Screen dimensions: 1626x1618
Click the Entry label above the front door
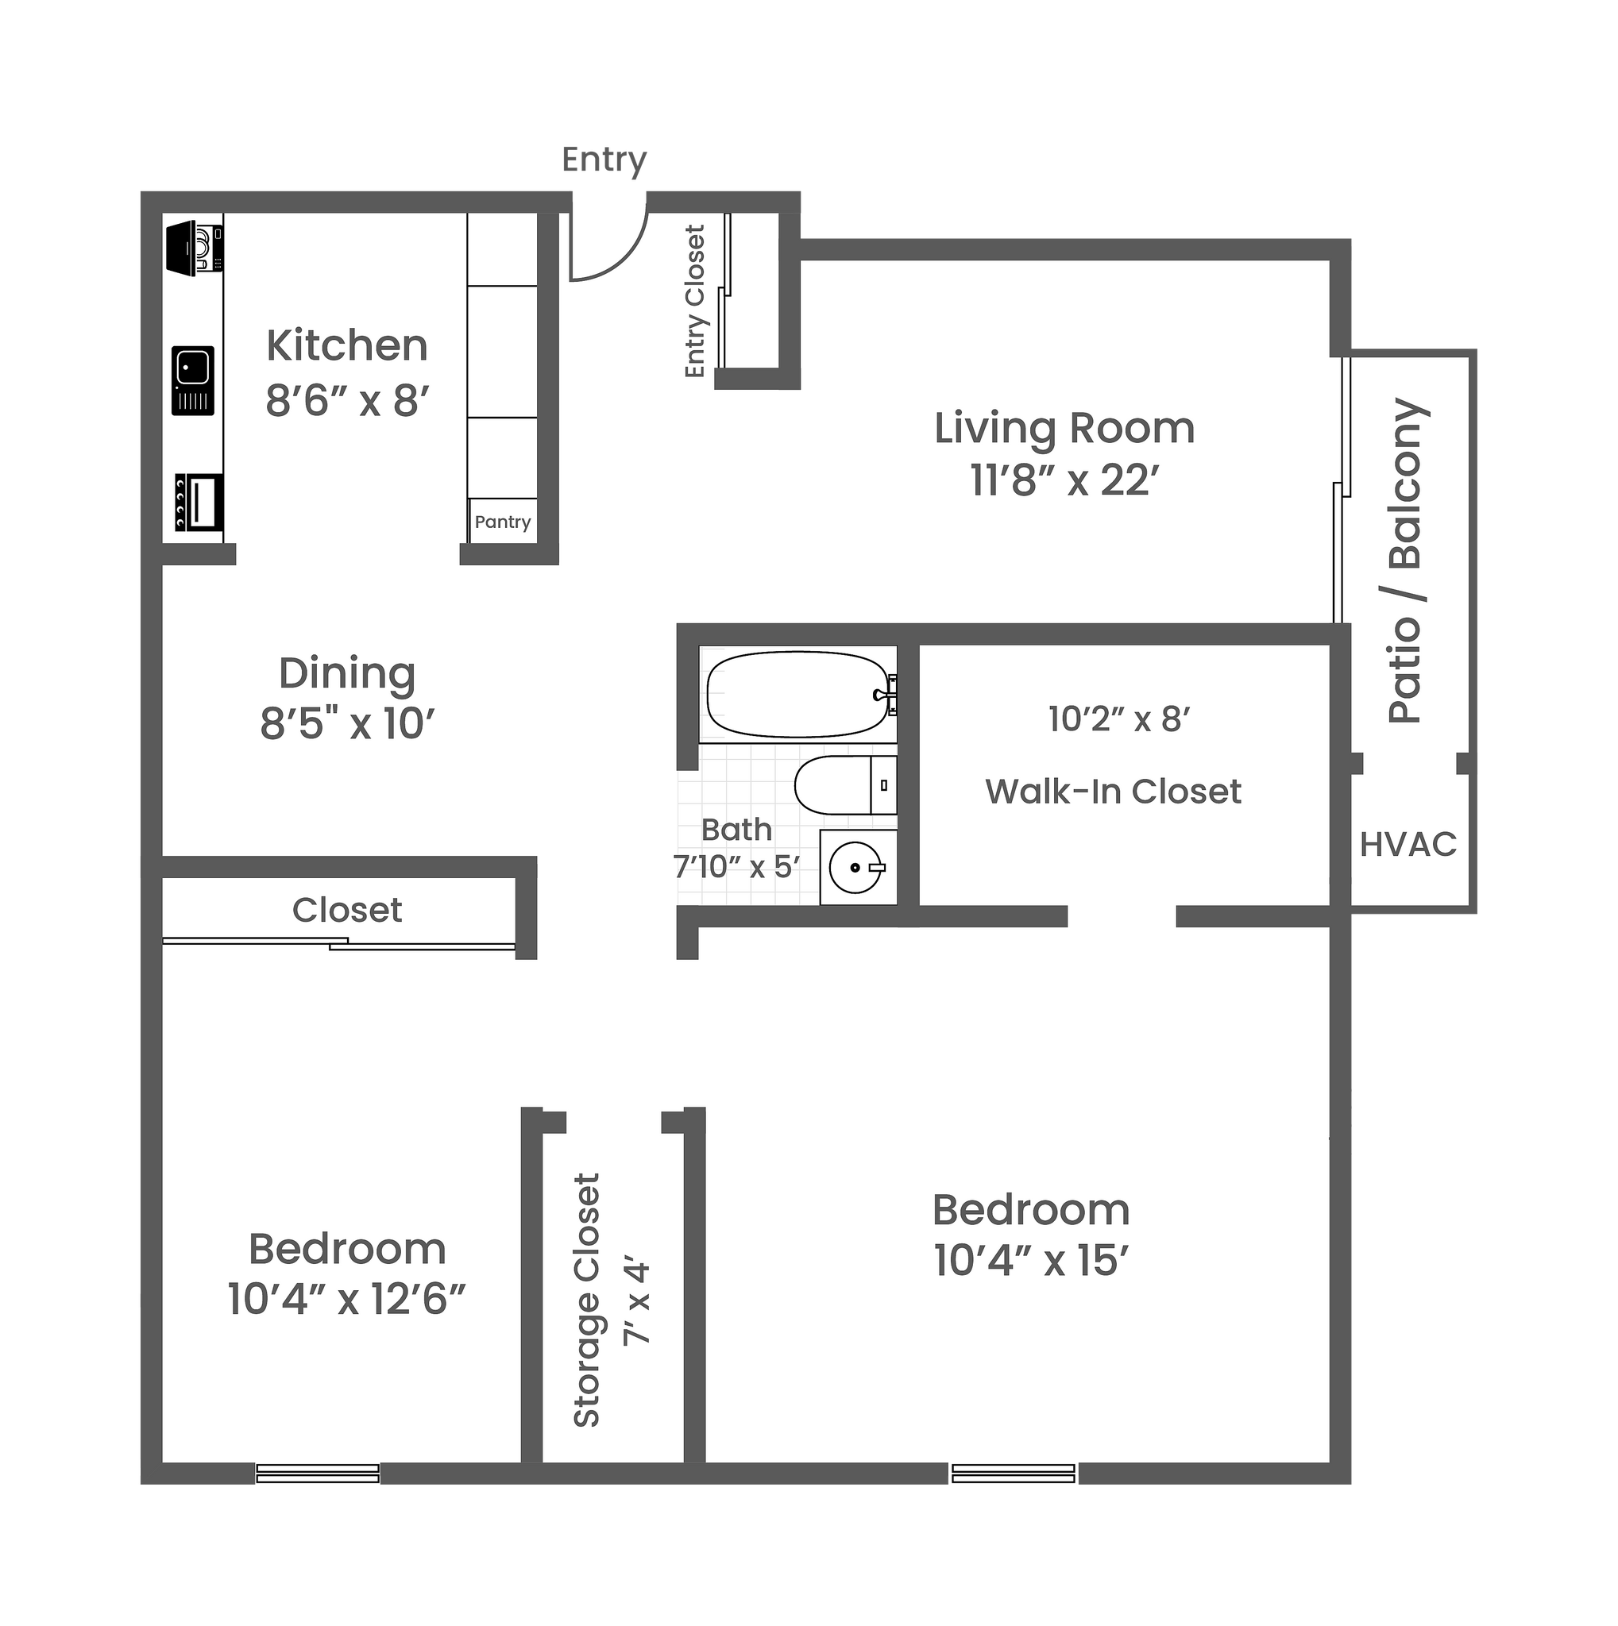coord(604,160)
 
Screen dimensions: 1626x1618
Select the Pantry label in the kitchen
coord(503,522)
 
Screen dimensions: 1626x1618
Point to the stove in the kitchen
coord(199,502)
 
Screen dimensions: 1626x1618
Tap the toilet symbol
coord(844,784)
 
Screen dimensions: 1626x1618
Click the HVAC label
coord(1408,844)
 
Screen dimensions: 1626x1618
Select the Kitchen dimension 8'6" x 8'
coord(348,401)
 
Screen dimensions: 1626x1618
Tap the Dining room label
coord(347,673)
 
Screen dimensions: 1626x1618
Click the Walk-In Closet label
coord(1113,791)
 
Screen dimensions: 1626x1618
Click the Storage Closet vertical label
coord(587,1300)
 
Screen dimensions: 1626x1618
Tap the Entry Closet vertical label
coord(694,301)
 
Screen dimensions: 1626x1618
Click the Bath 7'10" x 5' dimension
coord(736,866)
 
